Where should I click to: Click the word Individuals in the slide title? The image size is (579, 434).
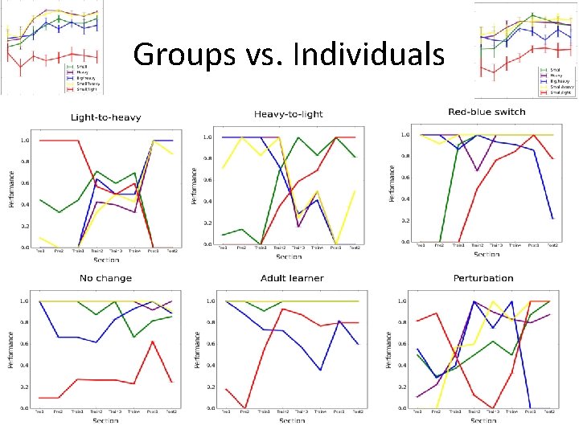(x=369, y=54)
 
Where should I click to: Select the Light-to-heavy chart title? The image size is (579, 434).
(x=105, y=117)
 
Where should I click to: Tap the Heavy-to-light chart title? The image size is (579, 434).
(x=288, y=114)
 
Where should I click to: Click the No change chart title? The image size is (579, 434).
(x=105, y=278)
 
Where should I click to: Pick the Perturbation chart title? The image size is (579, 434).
(x=482, y=278)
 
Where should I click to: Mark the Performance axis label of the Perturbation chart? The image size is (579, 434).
(x=390, y=350)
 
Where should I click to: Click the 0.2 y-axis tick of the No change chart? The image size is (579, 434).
(x=23, y=385)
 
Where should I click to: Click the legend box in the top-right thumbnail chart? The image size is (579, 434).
(x=555, y=80)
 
